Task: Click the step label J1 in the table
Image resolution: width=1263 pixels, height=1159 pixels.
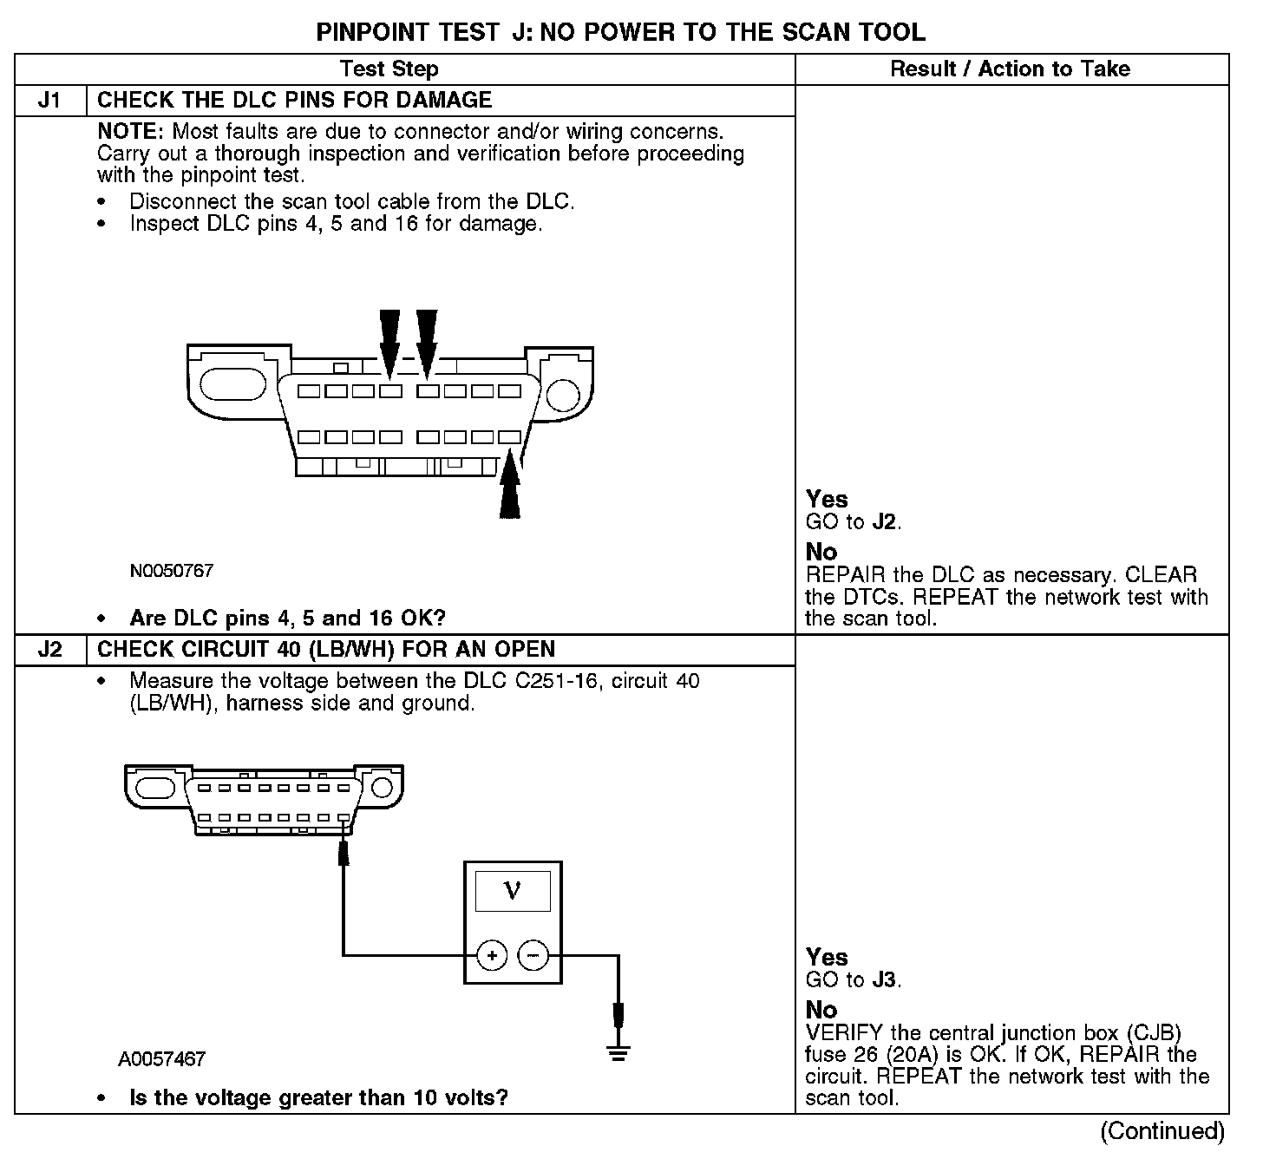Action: (50, 100)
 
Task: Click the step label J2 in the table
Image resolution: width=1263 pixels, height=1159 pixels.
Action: (50, 650)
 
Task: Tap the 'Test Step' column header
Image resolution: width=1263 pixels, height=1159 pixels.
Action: (389, 69)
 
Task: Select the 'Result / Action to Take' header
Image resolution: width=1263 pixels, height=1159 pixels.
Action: (1011, 69)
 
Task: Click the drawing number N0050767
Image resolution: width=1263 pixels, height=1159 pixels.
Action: (172, 571)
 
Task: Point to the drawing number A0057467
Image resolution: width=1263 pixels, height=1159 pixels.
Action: (162, 1059)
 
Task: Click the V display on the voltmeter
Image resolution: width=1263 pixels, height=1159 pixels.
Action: (513, 891)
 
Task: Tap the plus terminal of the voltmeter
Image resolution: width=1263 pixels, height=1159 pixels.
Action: (492, 956)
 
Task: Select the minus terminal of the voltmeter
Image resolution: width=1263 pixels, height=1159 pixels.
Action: (533, 956)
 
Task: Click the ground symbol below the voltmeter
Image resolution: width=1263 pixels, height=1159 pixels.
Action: (618, 1054)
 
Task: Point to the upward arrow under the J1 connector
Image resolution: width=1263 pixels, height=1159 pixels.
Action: (511, 488)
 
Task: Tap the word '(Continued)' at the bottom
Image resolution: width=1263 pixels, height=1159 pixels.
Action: (1162, 1131)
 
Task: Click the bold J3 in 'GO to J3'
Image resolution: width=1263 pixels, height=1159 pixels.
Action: (885, 980)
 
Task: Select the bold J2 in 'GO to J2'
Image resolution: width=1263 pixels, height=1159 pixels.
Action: (885, 522)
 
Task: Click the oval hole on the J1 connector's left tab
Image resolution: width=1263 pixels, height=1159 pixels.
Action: (227, 384)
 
